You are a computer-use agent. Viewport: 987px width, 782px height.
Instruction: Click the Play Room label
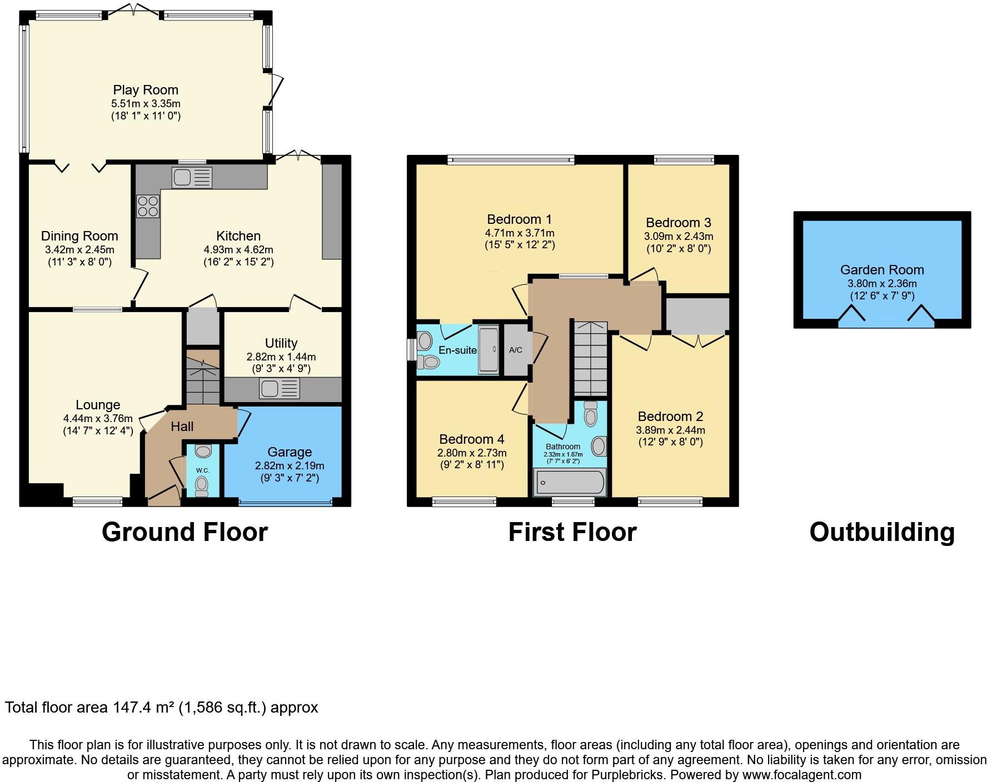point(146,90)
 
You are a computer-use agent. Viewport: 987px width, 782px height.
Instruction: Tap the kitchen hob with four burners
point(148,207)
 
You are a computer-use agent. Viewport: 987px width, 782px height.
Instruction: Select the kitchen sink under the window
point(192,178)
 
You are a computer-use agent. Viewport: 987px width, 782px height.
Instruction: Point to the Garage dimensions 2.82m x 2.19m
point(289,465)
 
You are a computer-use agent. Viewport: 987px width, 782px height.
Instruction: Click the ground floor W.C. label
point(202,470)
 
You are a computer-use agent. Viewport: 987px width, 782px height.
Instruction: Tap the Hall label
point(182,427)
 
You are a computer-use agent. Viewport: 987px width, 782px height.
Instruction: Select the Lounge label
point(98,405)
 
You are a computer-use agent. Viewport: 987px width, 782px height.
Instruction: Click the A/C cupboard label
point(516,350)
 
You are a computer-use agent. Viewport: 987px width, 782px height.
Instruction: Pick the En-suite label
point(457,350)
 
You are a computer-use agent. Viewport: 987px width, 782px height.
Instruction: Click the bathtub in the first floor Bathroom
point(569,482)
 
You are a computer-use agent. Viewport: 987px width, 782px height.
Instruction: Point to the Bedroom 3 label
point(678,223)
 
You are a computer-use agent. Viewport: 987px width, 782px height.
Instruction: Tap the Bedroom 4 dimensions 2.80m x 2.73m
point(472,453)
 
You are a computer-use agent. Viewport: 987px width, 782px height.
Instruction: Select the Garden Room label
point(881,270)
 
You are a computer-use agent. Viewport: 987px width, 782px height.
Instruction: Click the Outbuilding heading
point(881,532)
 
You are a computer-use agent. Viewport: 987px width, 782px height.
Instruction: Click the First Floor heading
point(572,532)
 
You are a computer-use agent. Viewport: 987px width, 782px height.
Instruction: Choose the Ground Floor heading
point(185,532)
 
